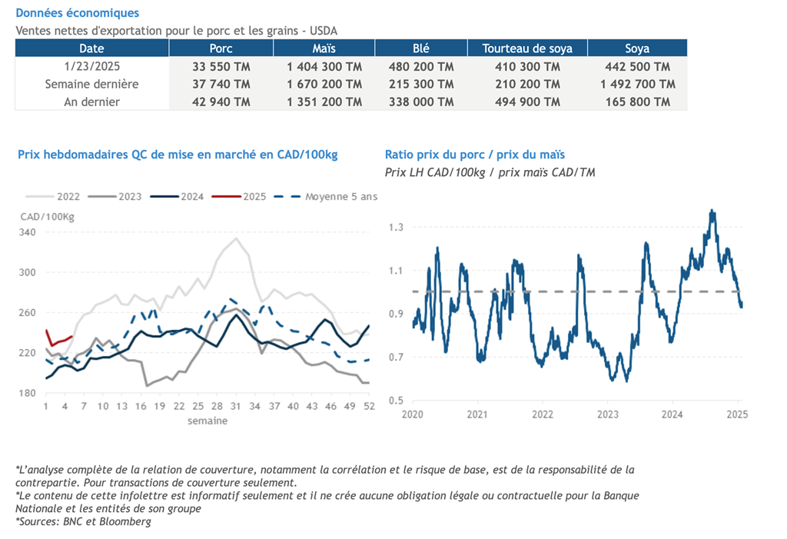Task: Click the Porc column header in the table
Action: (x=221, y=48)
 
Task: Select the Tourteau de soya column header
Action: (x=527, y=48)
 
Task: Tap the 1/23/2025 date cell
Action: (x=91, y=67)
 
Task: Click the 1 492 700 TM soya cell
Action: (x=637, y=84)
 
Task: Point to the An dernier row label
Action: (x=91, y=101)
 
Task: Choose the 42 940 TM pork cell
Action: (x=221, y=101)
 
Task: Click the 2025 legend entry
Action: (x=254, y=197)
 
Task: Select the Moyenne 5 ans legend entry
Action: (x=341, y=197)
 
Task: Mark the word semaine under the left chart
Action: (x=208, y=421)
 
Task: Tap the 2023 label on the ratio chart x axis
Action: (x=607, y=414)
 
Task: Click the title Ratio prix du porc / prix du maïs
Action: (x=475, y=155)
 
